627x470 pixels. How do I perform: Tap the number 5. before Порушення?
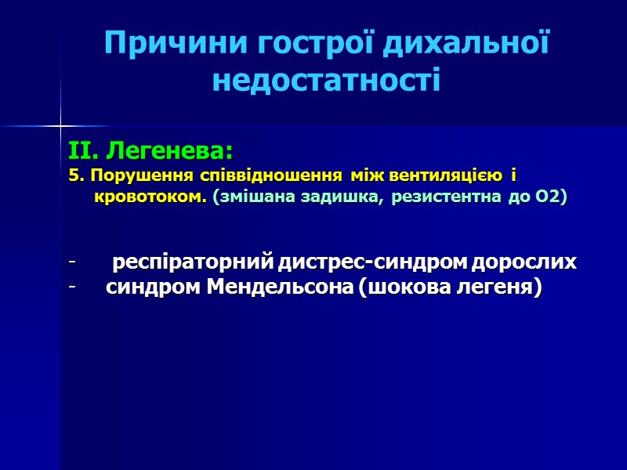[x=75, y=175]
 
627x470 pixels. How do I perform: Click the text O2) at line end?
[x=552, y=197]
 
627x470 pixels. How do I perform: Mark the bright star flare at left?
[x=60, y=125]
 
